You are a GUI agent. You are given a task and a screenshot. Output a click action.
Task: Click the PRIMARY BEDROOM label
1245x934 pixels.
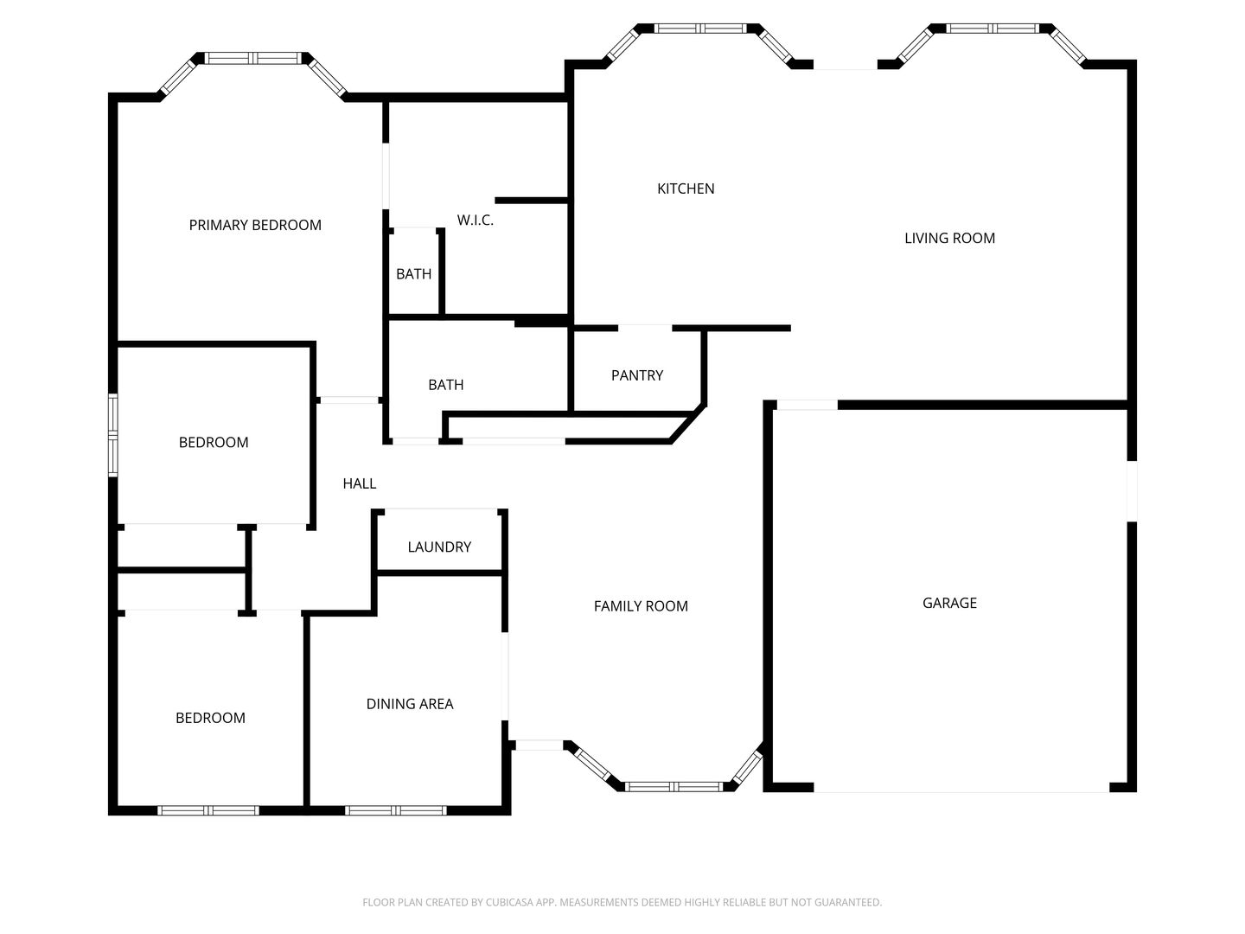[x=255, y=225]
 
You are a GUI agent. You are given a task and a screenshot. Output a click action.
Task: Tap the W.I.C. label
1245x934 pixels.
[x=476, y=220]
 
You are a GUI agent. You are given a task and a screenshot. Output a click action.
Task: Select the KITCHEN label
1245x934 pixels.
[x=686, y=189]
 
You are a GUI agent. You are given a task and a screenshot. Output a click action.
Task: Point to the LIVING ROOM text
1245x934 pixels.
[x=949, y=238]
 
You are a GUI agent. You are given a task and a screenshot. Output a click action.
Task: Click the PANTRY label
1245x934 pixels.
[x=637, y=375]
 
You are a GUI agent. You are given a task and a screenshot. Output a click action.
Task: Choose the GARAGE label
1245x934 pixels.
[x=949, y=603]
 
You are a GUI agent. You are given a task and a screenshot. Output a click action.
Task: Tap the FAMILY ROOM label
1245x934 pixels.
[x=641, y=606]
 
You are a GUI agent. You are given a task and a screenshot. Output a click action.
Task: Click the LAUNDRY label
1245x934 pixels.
[x=439, y=547]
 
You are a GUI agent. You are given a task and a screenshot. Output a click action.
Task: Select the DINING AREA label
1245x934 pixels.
[x=410, y=704]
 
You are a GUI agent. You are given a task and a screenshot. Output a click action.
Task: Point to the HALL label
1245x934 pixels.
[x=360, y=483]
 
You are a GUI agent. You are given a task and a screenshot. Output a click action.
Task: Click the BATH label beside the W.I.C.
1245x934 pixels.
[x=413, y=274]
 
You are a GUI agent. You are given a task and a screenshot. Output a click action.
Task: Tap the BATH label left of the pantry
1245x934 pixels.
[x=446, y=385]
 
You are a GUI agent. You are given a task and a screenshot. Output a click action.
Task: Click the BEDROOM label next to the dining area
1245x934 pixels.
[x=210, y=718]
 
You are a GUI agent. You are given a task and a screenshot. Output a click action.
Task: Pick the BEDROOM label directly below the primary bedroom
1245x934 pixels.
[x=214, y=442]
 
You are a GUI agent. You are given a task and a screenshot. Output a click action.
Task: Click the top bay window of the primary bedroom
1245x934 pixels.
[x=252, y=58]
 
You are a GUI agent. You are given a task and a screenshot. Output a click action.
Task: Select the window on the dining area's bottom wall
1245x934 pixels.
[x=396, y=810]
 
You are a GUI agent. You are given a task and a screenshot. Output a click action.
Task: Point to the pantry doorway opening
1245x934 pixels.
[x=645, y=328]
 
